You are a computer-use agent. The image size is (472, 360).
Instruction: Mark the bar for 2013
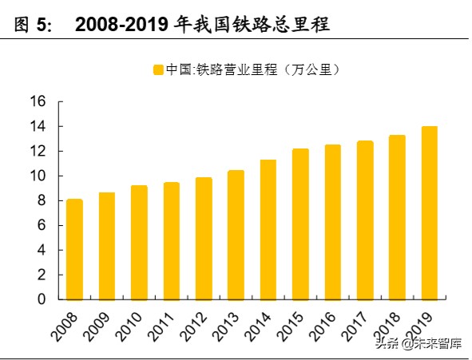pyautogui.click(x=236, y=235)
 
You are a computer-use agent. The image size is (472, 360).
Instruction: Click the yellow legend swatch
pyautogui.click(x=158, y=69)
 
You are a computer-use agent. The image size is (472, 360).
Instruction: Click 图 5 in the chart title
pyautogui.click(x=34, y=25)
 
